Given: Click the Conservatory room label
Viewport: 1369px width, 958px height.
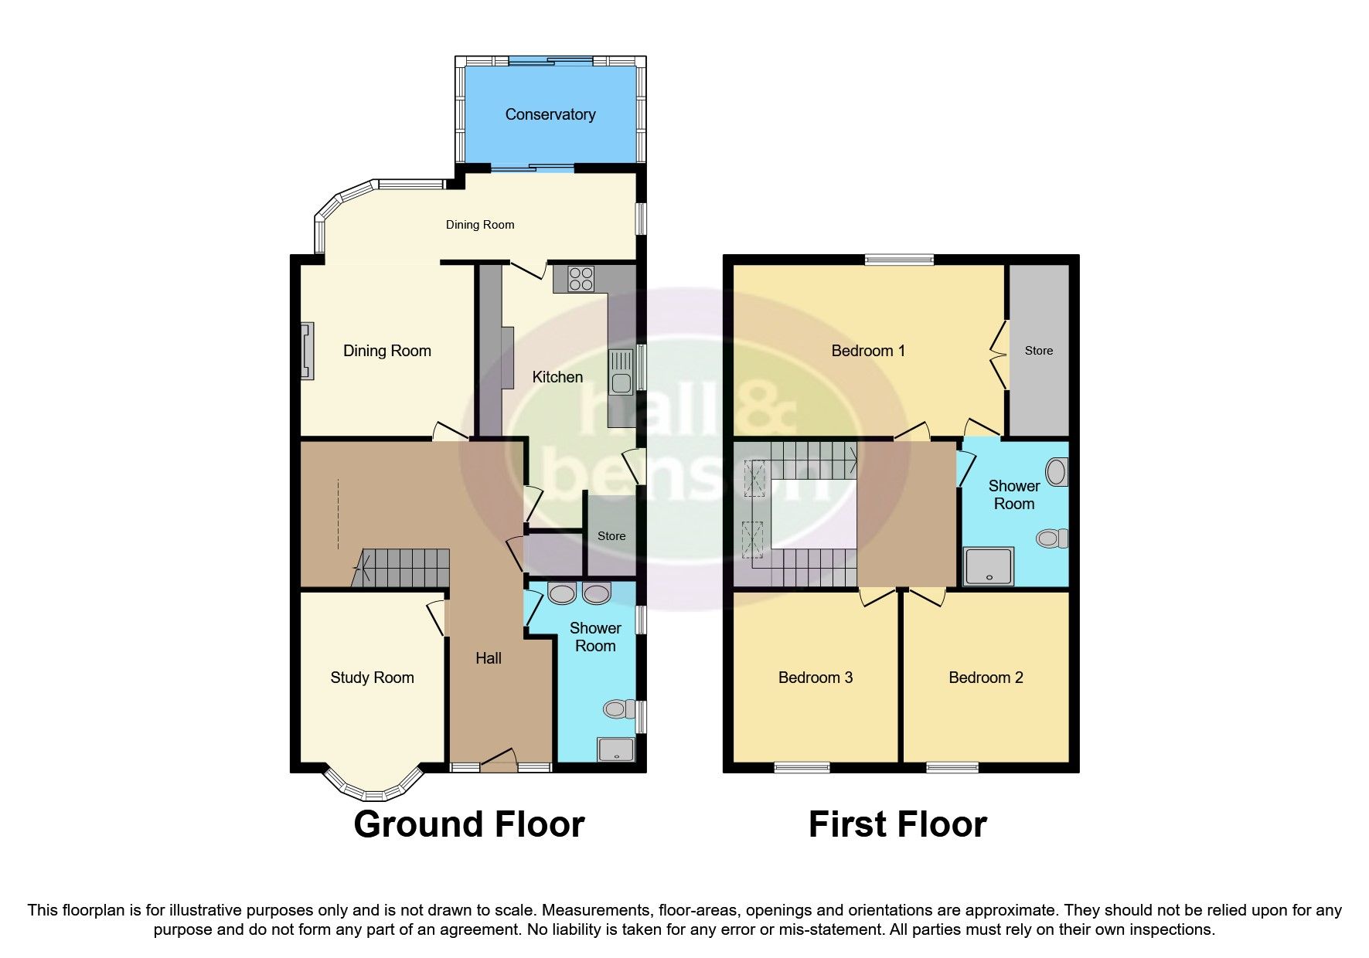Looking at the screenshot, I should pyautogui.click(x=550, y=114).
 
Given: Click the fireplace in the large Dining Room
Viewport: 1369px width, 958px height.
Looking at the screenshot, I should pyautogui.click(x=308, y=351).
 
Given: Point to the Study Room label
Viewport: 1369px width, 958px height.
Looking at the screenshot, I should pyautogui.click(x=372, y=678).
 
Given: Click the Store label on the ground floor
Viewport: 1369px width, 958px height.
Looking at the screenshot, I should pyautogui.click(x=611, y=536).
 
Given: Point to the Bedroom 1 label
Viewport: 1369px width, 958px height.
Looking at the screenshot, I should pyautogui.click(x=867, y=351).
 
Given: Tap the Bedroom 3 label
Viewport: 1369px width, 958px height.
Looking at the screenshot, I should pyautogui.click(x=815, y=678).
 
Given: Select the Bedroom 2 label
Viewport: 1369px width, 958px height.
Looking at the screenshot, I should pyautogui.click(x=986, y=678).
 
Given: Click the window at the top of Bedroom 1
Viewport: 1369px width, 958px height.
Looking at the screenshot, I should pyautogui.click(x=899, y=260).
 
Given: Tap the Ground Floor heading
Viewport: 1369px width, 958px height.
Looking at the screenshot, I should pyautogui.click(x=468, y=824).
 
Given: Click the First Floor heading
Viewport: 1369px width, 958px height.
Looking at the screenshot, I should pyautogui.click(x=897, y=824).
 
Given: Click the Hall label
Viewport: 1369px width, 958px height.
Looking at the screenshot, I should pyautogui.click(x=488, y=658).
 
